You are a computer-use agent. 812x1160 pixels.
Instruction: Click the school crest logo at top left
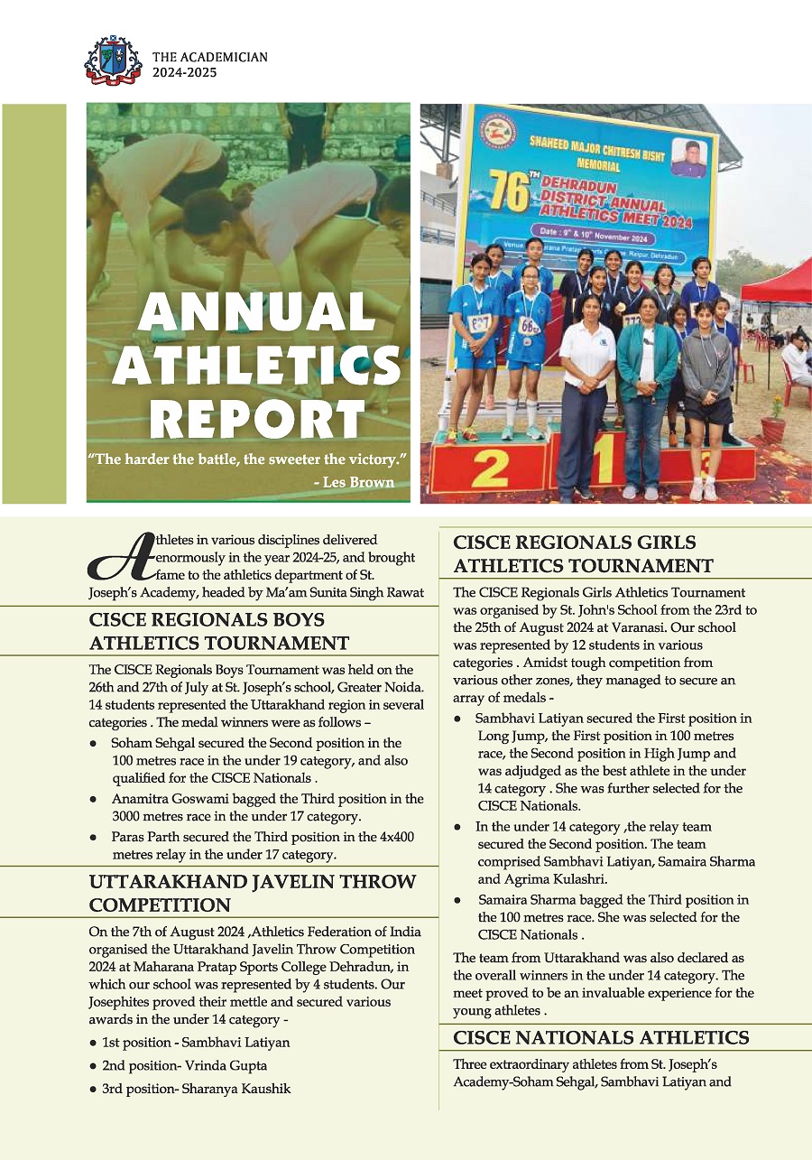point(113,62)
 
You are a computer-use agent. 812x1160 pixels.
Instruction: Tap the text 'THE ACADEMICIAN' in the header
point(210,56)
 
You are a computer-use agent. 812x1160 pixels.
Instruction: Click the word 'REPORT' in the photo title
point(257,420)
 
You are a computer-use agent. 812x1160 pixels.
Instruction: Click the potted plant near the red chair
point(774,420)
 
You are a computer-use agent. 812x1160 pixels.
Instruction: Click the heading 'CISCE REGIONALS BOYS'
point(207,620)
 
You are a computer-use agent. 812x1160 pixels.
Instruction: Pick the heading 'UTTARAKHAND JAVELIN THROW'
point(253,881)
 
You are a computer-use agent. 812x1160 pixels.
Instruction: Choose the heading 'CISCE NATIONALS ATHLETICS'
point(601,1037)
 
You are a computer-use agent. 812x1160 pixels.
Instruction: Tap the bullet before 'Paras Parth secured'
point(94,837)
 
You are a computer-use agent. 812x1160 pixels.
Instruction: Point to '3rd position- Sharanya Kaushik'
point(196,1089)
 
